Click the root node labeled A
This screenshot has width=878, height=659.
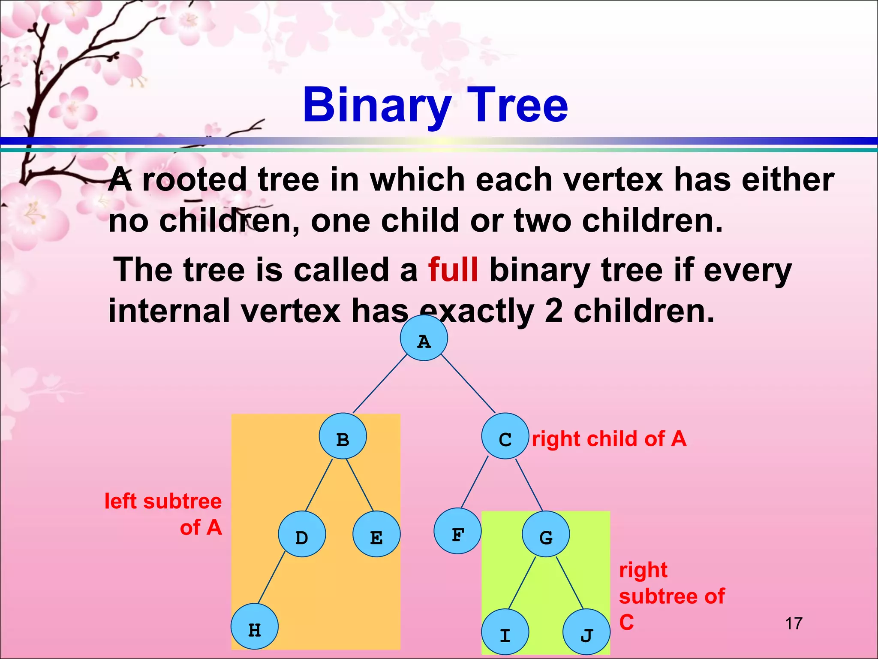click(424, 338)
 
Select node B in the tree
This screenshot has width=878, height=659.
click(343, 436)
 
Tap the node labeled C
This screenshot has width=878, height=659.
click(505, 436)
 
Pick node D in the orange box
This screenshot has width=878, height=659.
click(302, 534)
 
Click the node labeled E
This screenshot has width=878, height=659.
click(376, 534)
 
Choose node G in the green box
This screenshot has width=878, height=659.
click(546, 534)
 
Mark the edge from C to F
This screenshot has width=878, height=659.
click(475, 482)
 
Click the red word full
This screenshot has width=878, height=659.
click(453, 270)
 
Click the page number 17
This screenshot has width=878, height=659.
click(794, 623)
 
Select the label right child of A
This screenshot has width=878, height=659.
click(609, 439)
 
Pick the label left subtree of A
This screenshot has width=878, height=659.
click(163, 514)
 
